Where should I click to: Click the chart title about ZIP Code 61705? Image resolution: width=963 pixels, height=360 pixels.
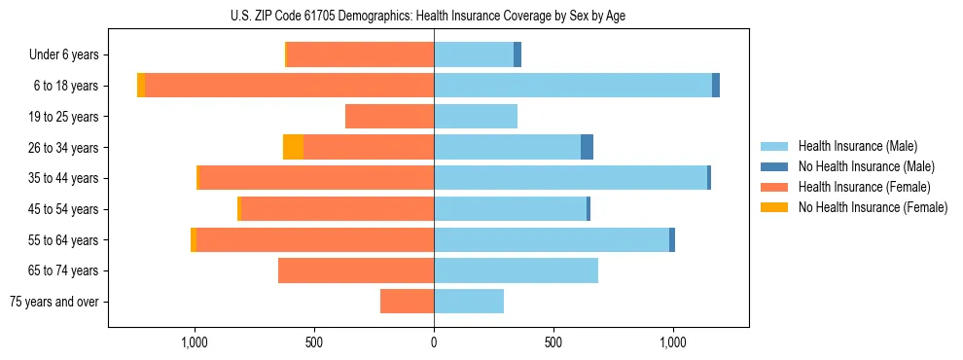(434, 16)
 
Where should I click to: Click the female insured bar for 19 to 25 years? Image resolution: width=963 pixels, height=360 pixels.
(389, 117)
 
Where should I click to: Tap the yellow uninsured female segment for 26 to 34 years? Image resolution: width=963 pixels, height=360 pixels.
(293, 147)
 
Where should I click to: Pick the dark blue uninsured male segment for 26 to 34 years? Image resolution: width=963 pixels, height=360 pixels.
(587, 147)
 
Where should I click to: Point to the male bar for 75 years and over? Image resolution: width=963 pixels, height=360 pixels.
(469, 302)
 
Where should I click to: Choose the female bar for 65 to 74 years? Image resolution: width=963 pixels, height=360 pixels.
(356, 270)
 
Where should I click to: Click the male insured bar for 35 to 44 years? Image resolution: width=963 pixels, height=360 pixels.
(570, 178)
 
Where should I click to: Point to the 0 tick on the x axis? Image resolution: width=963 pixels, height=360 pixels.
(434, 342)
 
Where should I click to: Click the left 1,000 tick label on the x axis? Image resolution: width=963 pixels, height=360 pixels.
(195, 342)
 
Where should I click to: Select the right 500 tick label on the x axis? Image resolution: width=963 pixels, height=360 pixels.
(553, 342)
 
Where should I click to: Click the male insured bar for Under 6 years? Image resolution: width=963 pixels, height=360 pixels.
(474, 54)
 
